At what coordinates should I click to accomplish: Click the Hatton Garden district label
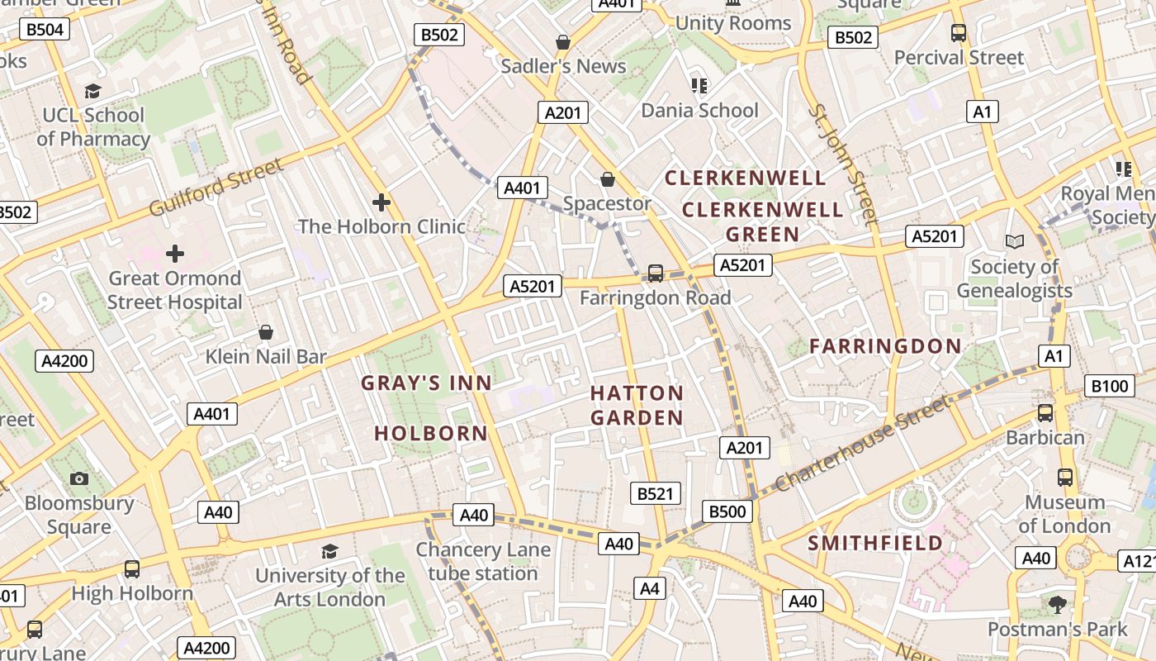[637, 405]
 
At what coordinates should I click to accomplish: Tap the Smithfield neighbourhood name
[874, 543]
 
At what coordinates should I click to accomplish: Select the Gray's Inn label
[426, 383]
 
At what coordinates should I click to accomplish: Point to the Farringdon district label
[885, 346]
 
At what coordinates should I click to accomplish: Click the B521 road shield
[656, 493]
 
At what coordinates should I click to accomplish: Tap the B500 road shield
[727, 511]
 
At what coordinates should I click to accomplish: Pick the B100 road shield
[1109, 386]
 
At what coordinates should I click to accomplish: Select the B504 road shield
[45, 30]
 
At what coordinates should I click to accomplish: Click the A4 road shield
[650, 588]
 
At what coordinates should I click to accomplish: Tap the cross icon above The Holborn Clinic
[381, 202]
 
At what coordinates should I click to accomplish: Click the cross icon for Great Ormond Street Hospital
[174, 254]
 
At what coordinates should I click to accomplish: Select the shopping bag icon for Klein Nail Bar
[266, 332]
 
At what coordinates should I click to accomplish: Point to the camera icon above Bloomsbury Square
[79, 478]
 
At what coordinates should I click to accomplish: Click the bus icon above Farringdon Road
[656, 273]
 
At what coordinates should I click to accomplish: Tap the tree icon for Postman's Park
[1057, 605]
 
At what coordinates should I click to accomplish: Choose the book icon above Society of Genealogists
[1014, 241]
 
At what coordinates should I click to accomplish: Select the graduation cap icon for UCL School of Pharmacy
[92, 91]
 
